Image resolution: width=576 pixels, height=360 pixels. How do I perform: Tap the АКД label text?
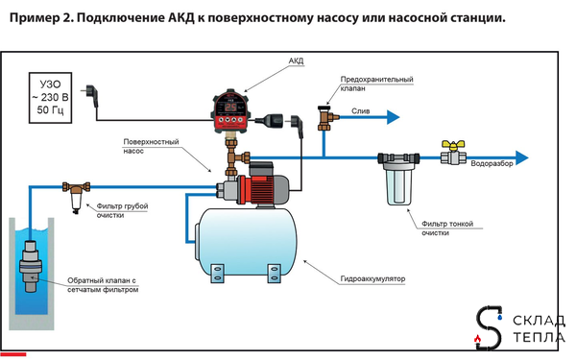(x=296, y=60)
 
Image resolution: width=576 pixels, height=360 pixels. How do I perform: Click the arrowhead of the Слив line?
(x=394, y=117)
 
